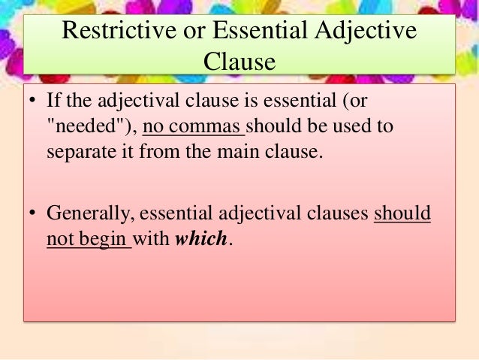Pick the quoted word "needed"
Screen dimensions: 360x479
[90, 126]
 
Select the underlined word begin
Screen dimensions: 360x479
[103, 239]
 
